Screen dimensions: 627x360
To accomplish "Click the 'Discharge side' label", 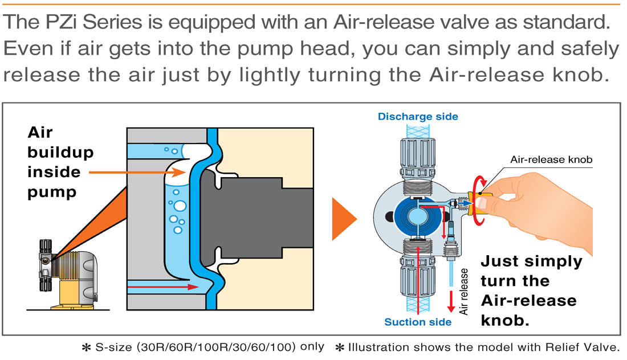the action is click(x=418, y=117).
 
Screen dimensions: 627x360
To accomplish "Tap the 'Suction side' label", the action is click(x=417, y=322).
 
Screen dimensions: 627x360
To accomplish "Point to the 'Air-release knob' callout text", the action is click(x=551, y=159).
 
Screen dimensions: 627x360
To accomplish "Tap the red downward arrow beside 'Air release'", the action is click(x=451, y=301).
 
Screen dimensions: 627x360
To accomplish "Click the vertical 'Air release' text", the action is click(x=463, y=291).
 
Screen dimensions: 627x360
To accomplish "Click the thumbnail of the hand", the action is click(x=482, y=203).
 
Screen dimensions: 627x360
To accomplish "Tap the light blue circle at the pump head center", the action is click(x=417, y=216).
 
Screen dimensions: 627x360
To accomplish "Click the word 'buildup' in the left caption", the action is click(x=60, y=152).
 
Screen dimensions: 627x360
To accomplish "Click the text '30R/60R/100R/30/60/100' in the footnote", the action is click(x=216, y=347).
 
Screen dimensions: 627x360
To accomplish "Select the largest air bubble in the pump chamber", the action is click(x=180, y=206).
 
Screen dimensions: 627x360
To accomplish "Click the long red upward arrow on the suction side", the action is click(x=418, y=280).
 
